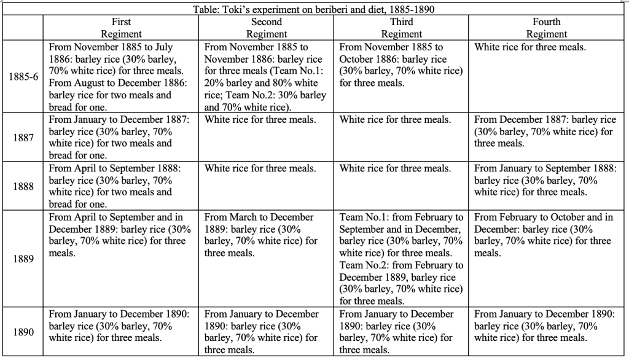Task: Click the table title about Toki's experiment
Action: (314, 10)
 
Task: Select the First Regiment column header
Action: (121, 28)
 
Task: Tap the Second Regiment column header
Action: (267, 28)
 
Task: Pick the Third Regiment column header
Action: (402, 28)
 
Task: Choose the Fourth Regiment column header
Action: (547, 28)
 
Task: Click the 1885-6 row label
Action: (23, 77)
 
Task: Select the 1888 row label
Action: (23, 186)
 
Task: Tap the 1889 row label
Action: (23, 258)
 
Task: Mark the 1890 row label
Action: (23, 332)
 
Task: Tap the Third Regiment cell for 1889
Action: (402, 259)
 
